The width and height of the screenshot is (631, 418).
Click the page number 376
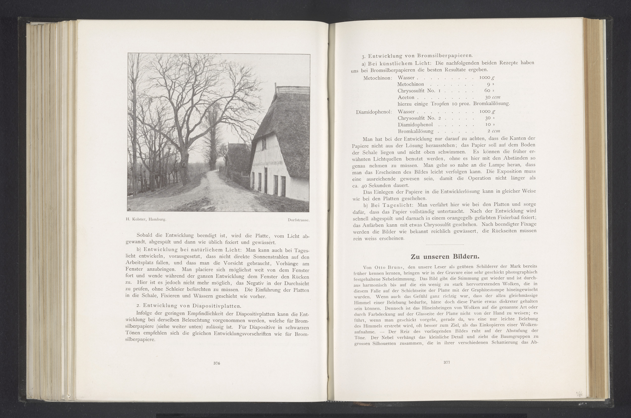[216, 363]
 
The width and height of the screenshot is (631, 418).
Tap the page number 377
[447, 362]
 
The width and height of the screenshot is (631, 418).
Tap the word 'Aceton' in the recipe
[406, 97]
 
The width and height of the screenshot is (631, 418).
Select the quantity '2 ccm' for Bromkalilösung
[493, 131]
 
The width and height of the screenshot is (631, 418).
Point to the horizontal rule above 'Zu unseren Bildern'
[445, 244]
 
